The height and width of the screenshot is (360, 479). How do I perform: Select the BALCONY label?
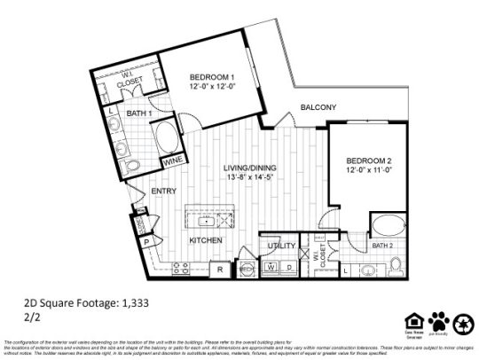[318, 108]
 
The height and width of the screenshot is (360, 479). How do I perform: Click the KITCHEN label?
[205, 240]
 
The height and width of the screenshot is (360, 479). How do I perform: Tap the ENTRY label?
[163, 191]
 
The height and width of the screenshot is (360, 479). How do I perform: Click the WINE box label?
[173, 161]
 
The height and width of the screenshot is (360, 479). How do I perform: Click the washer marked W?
[271, 266]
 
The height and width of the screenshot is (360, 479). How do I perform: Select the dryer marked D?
[289, 266]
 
